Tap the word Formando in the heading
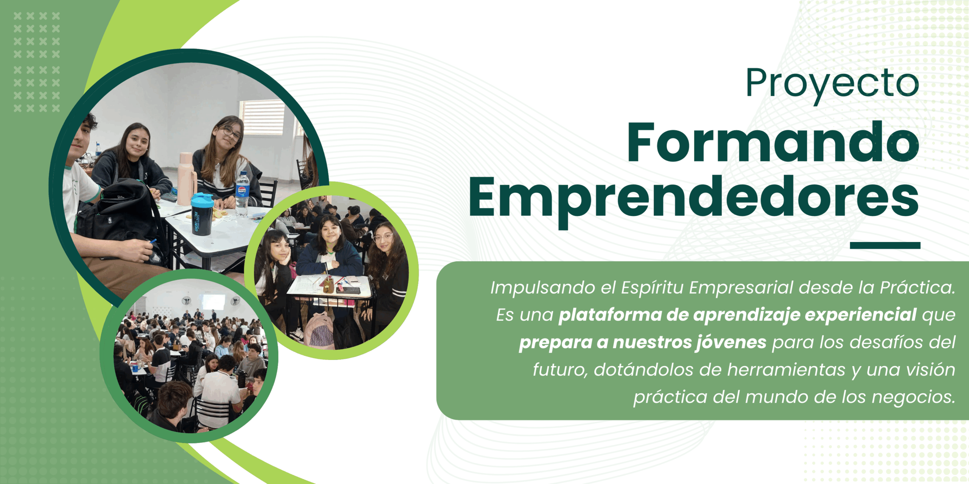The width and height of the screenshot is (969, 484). tap(773, 143)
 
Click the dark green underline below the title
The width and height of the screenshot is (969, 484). tap(885, 245)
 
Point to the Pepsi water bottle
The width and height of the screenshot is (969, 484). tap(242, 194)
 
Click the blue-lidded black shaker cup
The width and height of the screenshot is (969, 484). tap(202, 214)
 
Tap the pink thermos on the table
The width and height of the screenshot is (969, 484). tap(186, 178)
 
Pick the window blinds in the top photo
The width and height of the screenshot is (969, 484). tap(262, 117)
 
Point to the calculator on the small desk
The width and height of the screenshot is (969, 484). tap(349, 290)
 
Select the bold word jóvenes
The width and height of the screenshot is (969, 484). tap(731, 343)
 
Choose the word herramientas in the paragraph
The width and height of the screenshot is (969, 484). tap(786, 369)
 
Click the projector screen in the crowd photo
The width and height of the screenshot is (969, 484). tap(213, 301)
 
